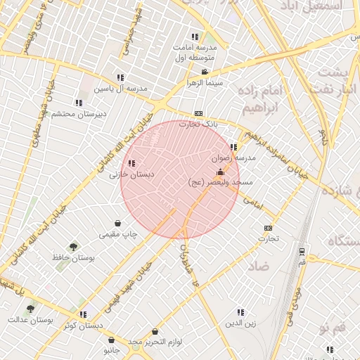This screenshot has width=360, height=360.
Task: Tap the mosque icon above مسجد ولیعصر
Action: coord(220,172)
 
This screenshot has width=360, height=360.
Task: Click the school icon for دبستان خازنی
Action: coord(132,164)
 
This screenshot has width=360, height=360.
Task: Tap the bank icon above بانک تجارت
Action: coord(198,113)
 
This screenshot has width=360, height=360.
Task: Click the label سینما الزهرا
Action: coord(204,82)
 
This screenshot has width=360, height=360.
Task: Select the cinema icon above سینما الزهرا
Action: coord(205,72)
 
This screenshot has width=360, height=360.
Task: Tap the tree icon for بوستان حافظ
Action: coord(73,247)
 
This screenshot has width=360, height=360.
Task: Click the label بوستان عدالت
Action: coord(30,320)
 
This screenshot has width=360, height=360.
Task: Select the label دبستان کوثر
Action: coord(83,326)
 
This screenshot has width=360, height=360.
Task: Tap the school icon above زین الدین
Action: coord(240,312)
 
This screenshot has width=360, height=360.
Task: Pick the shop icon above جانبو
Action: coord(111,340)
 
